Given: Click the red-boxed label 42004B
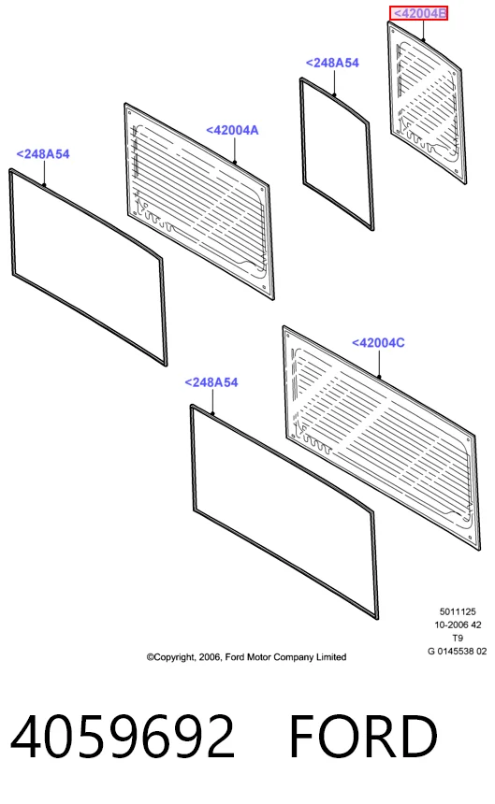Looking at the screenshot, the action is pos(419,13).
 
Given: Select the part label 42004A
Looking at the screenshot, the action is pos(232,130).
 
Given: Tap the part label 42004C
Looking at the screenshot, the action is pos(378,342).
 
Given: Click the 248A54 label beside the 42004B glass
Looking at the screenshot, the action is pos(332,63).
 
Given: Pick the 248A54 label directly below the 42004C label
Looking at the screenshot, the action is pos(211,382).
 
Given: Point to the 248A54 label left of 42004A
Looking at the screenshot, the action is pos(43,154).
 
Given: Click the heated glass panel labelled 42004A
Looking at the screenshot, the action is pos(199,201).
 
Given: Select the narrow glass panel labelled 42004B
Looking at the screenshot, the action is pos(427,103).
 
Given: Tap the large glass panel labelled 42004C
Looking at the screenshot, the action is pos(382,438).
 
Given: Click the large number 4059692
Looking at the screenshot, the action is pos(123,737).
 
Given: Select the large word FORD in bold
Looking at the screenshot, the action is pos(363,737).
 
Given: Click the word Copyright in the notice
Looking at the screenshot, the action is pos(171,657).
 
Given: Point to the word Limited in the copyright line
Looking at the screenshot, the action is pos(331,657).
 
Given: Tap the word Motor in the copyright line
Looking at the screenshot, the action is pos(259,657).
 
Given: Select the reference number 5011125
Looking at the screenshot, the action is pos(458,611).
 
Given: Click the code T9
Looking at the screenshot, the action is pos(458,639).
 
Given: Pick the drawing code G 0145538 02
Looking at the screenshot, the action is pos(457,652).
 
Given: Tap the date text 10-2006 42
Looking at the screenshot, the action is pos(458,625).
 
